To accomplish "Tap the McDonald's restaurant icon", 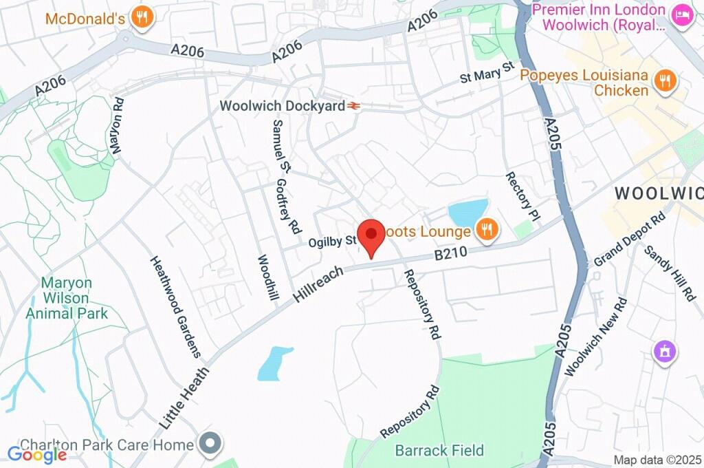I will [x=142, y=18].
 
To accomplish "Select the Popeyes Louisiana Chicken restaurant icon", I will [x=665, y=82].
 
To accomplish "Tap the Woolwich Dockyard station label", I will [x=282, y=107].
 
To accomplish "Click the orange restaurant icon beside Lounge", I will [x=487, y=231].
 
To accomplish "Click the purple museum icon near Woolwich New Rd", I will [x=665, y=352].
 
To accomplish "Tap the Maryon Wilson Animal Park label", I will [x=67, y=298].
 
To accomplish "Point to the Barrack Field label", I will [x=439, y=451].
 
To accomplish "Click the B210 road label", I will [x=450, y=254].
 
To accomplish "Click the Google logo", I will [x=37, y=454].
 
